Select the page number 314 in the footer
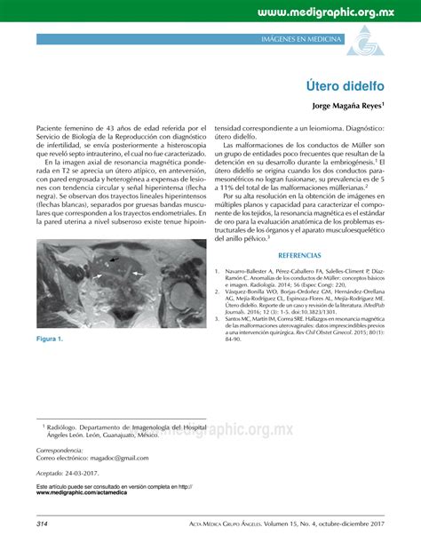(43, 524)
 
